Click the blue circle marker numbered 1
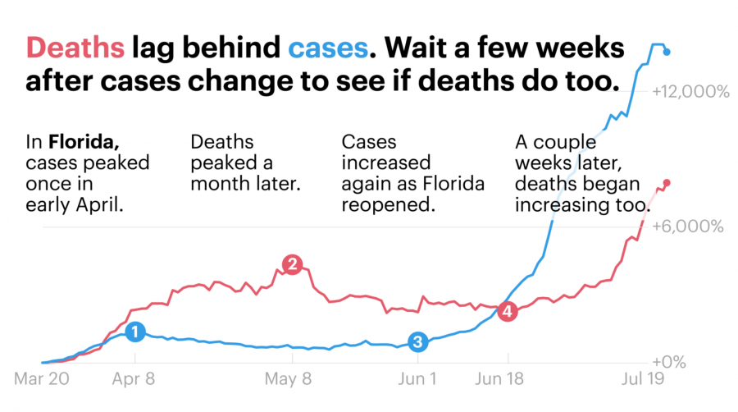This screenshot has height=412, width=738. click(135, 332)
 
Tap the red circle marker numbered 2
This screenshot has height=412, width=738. click(291, 264)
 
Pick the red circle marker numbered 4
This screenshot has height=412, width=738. click(508, 311)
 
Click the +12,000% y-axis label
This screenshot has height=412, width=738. click(690, 93)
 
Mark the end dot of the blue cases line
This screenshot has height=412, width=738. click(667, 52)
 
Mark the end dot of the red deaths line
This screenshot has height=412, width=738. click(667, 183)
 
